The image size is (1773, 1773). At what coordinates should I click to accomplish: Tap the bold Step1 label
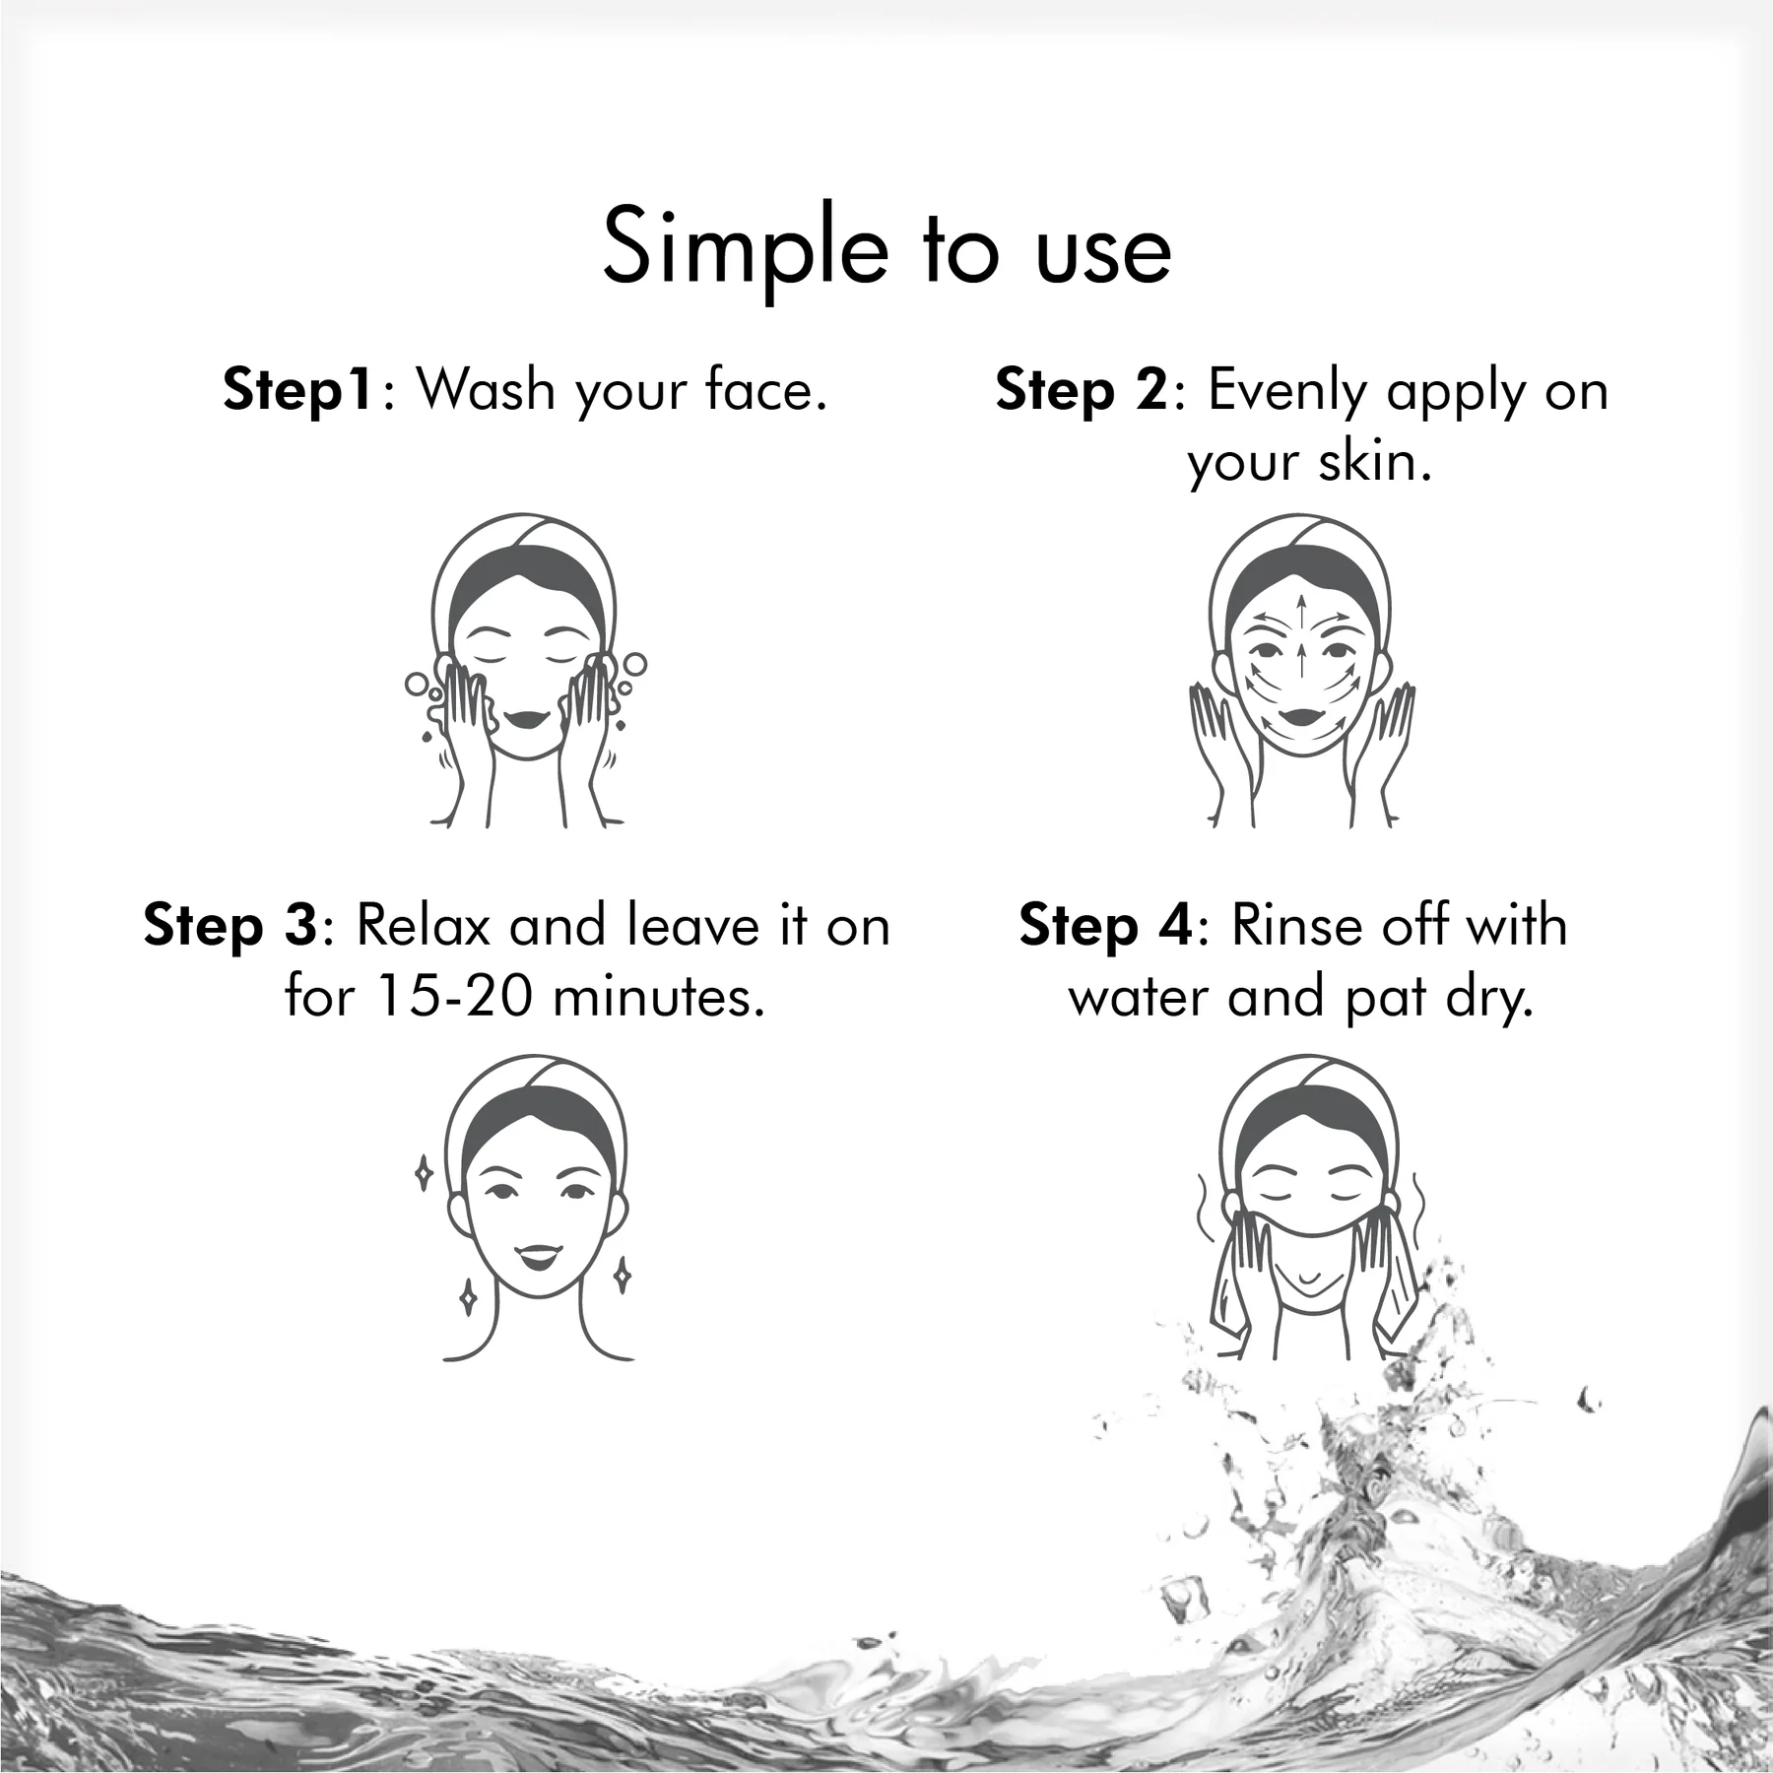tap(297, 391)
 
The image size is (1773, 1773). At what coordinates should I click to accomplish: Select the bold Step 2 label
tap(1081, 391)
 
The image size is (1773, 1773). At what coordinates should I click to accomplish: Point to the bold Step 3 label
tap(230, 927)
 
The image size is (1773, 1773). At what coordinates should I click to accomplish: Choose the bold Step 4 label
tap(1104, 927)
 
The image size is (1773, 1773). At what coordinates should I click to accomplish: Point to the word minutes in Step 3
tap(659, 998)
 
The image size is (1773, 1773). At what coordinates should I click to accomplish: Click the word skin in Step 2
tap(1376, 461)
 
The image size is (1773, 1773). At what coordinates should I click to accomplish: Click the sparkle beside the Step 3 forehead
tap(424, 1173)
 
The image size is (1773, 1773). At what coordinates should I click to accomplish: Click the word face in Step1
tap(766, 389)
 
